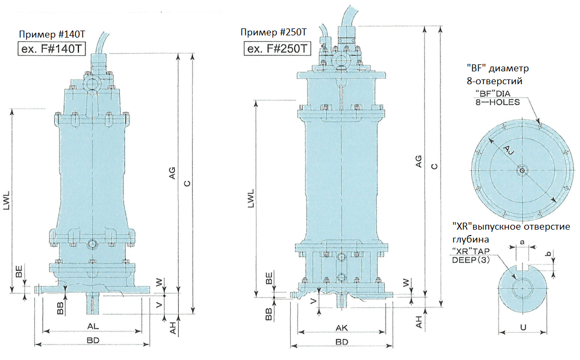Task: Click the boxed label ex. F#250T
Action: point(277,49)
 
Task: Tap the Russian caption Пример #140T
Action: point(52,35)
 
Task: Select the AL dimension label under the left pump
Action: point(92,326)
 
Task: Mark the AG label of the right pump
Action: point(418,161)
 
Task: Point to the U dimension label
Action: point(523,326)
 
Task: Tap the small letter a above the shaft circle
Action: point(523,242)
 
